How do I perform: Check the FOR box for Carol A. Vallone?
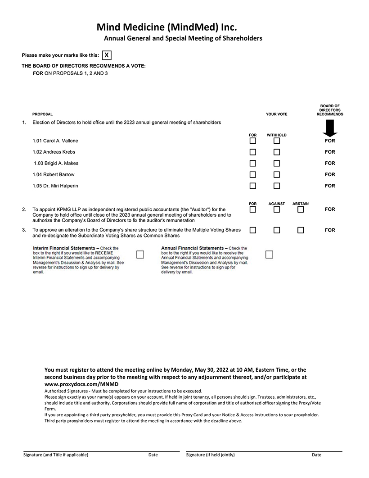pyautogui.click(x=253, y=141)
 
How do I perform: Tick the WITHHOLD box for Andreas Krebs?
pyautogui.click(x=277, y=152)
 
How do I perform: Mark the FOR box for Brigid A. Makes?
pyautogui.click(x=253, y=164)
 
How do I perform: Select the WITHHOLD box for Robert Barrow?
pyautogui.click(x=277, y=175)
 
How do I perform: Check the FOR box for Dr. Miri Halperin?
pyautogui.click(x=253, y=186)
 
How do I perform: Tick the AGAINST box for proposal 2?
pyautogui.click(x=277, y=209)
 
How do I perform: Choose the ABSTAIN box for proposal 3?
pyautogui.click(x=301, y=230)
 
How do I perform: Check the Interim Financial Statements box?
pyautogui.click(x=140, y=255)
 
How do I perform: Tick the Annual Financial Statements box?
pyautogui.click(x=269, y=255)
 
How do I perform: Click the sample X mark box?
pyautogui.click(x=107, y=55)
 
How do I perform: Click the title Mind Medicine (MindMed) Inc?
pyautogui.click(x=166, y=27)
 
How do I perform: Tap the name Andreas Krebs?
pyautogui.click(x=54, y=152)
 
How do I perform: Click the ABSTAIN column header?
pyautogui.click(x=301, y=204)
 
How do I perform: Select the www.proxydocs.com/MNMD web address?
pyautogui.click(x=85, y=384)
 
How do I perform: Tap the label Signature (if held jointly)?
pyautogui.click(x=210, y=455)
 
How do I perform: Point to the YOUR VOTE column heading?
pyautogui.click(x=276, y=114)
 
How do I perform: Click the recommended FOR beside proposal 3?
pyautogui.click(x=330, y=230)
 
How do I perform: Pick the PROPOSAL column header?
pyautogui.click(x=42, y=114)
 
